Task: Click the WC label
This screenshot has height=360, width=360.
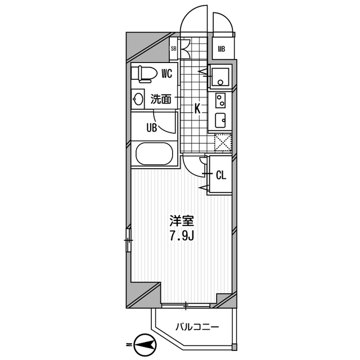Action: click(x=166, y=73)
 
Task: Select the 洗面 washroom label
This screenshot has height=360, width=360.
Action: click(x=161, y=100)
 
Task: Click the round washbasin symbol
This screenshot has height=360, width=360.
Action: click(x=138, y=100)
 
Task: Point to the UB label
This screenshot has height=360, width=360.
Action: click(x=151, y=128)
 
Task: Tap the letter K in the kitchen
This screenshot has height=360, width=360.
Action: click(x=198, y=108)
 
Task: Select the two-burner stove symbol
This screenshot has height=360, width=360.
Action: click(x=220, y=101)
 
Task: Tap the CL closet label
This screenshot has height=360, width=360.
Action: click(x=221, y=175)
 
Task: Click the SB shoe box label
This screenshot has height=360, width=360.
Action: click(x=174, y=49)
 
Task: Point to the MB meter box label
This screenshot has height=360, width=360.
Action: click(x=222, y=49)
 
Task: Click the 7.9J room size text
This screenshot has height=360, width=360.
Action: click(x=182, y=236)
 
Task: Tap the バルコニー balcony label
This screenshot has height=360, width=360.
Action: click(x=196, y=326)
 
